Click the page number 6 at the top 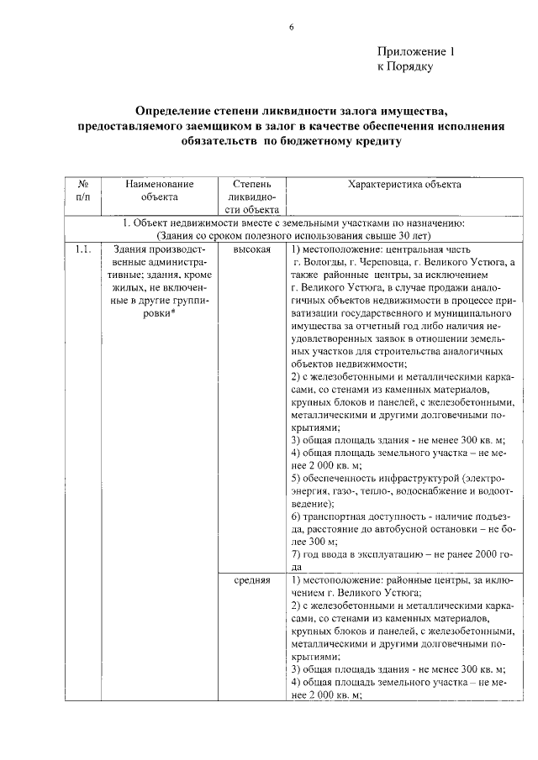coord(291,28)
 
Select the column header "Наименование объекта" coord(160,191)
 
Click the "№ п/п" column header coord(83,191)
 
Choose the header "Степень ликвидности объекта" coord(251,197)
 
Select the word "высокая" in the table coord(251,250)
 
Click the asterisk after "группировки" coord(174,313)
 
